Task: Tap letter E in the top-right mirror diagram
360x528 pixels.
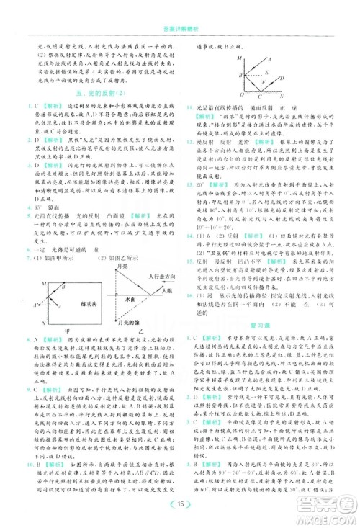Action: point(267,72)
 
